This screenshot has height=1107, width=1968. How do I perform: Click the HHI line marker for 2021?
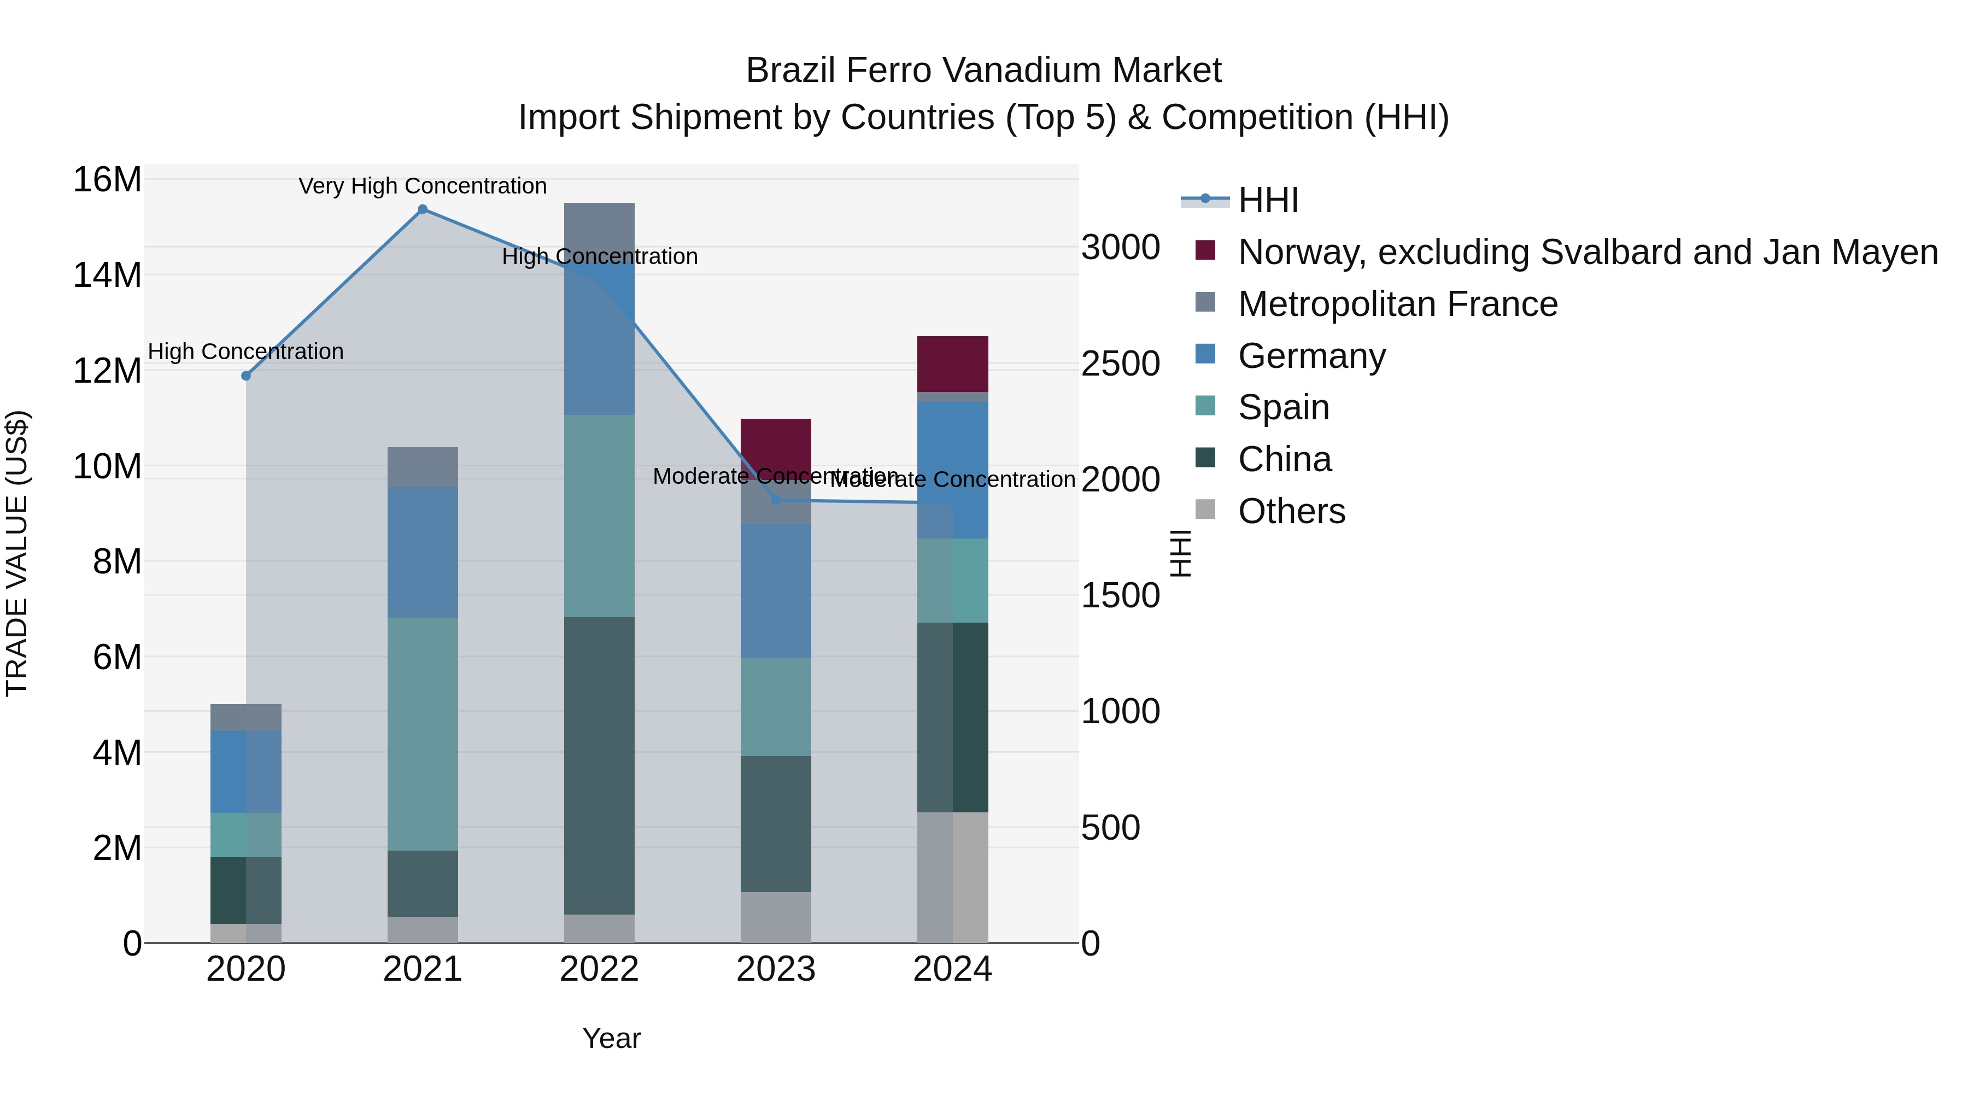pyautogui.click(x=423, y=209)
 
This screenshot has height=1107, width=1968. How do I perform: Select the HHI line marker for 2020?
pyautogui.click(x=246, y=376)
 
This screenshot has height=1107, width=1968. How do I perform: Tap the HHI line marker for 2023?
pyautogui.click(x=776, y=500)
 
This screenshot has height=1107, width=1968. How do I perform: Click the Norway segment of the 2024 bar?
pyautogui.click(x=953, y=364)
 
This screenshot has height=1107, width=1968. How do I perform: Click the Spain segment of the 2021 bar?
pyautogui.click(x=423, y=734)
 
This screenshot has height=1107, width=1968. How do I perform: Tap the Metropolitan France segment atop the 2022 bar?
pyautogui.click(x=599, y=225)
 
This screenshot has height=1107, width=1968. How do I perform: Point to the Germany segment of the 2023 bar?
pyautogui.click(x=776, y=590)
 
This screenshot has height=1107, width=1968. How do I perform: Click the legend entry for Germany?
pyautogui.click(x=1311, y=356)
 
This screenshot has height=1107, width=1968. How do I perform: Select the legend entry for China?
pyautogui.click(x=1284, y=459)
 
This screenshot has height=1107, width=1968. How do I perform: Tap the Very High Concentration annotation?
pyautogui.click(x=423, y=186)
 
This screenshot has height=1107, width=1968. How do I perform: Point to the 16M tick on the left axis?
pyautogui.click(x=107, y=180)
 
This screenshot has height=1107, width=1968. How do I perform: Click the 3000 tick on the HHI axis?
pyautogui.click(x=1121, y=248)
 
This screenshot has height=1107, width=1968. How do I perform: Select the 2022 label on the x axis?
pyautogui.click(x=599, y=969)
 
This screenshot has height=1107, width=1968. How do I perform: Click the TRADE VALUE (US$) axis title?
pyautogui.click(x=17, y=553)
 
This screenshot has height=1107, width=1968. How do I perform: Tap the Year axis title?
pyautogui.click(x=611, y=1038)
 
